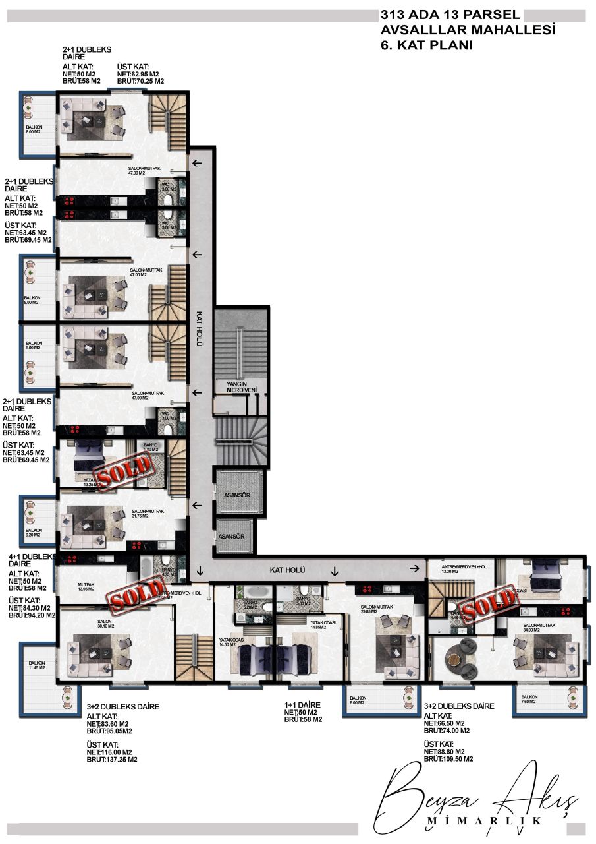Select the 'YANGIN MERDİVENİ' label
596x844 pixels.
click(x=241, y=386)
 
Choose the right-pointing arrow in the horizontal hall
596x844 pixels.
click(x=415, y=568)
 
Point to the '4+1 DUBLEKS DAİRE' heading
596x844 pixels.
click(x=30, y=560)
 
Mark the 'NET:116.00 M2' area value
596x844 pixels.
click(x=109, y=752)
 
